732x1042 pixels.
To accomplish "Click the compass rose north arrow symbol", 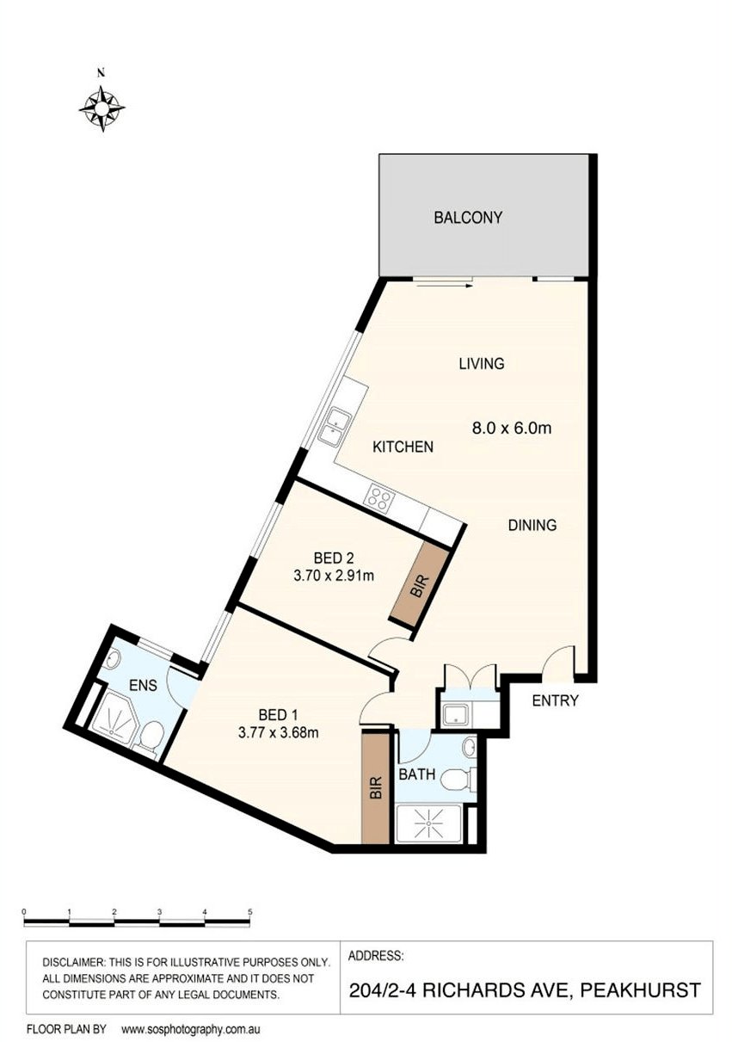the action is pyautogui.click(x=101, y=108).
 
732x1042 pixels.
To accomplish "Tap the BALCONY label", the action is pyautogui.click(x=467, y=217).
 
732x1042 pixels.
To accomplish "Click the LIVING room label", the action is pyautogui.click(x=482, y=363).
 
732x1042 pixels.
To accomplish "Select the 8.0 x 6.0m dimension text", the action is pyautogui.click(x=511, y=428).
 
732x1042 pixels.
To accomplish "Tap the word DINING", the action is pyautogui.click(x=532, y=525).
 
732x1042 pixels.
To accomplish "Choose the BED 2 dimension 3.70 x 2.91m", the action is pyautogui.click(x=334, y=576).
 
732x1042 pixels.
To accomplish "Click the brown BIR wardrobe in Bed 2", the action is pyautogui.click(x=420, y=586).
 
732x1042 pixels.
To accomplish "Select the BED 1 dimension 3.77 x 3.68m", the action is pyautogui.click(x=278, y=732).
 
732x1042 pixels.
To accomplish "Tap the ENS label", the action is pyautogui.click(x=143, y=685).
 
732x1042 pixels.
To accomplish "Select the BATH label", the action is pyautogui.click(x=417, y=774).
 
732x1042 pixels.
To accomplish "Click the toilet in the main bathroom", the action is pyautogui.click(x=458, y=780).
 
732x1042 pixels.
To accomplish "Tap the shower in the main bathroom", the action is pyautogui.click(x=428, y=823).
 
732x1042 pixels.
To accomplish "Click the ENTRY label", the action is pyautogui.click(x=555, y=700).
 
